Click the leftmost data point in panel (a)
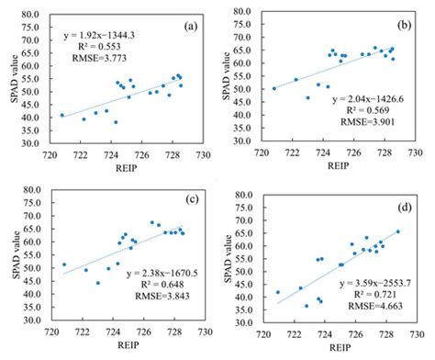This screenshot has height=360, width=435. click(x=62, y=115)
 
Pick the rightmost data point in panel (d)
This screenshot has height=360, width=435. click(x=397, y=231)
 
